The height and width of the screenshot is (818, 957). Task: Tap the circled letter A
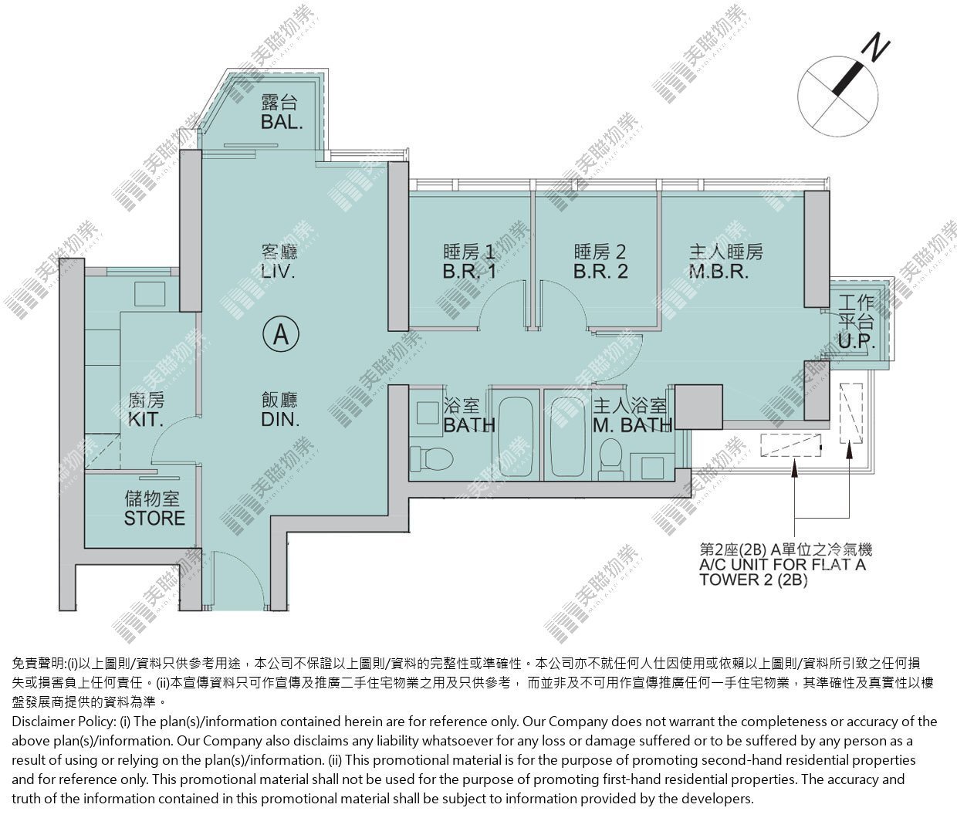pos(281,334)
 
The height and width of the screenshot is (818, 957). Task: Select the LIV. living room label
pos(279,272)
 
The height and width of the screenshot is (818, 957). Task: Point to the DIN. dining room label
pos(280,419)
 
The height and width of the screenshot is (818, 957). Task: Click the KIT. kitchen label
pos(145,419)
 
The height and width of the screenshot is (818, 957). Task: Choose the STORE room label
pos(154,518)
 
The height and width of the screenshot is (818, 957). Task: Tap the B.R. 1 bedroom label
pos(469,272)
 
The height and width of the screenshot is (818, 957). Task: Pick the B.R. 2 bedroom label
pos(600,272)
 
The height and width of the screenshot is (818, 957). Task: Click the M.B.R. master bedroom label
pos(719,272)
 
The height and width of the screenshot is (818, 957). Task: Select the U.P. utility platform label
pos(857,341)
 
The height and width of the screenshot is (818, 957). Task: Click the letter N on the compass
pos(875,48)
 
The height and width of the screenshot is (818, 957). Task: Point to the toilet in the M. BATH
pos(610,458)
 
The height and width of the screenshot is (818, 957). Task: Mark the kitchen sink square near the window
pos(150,294)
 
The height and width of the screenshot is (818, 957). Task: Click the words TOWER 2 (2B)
pos(753,580)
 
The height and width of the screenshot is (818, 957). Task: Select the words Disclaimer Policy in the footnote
pos(63,722)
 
